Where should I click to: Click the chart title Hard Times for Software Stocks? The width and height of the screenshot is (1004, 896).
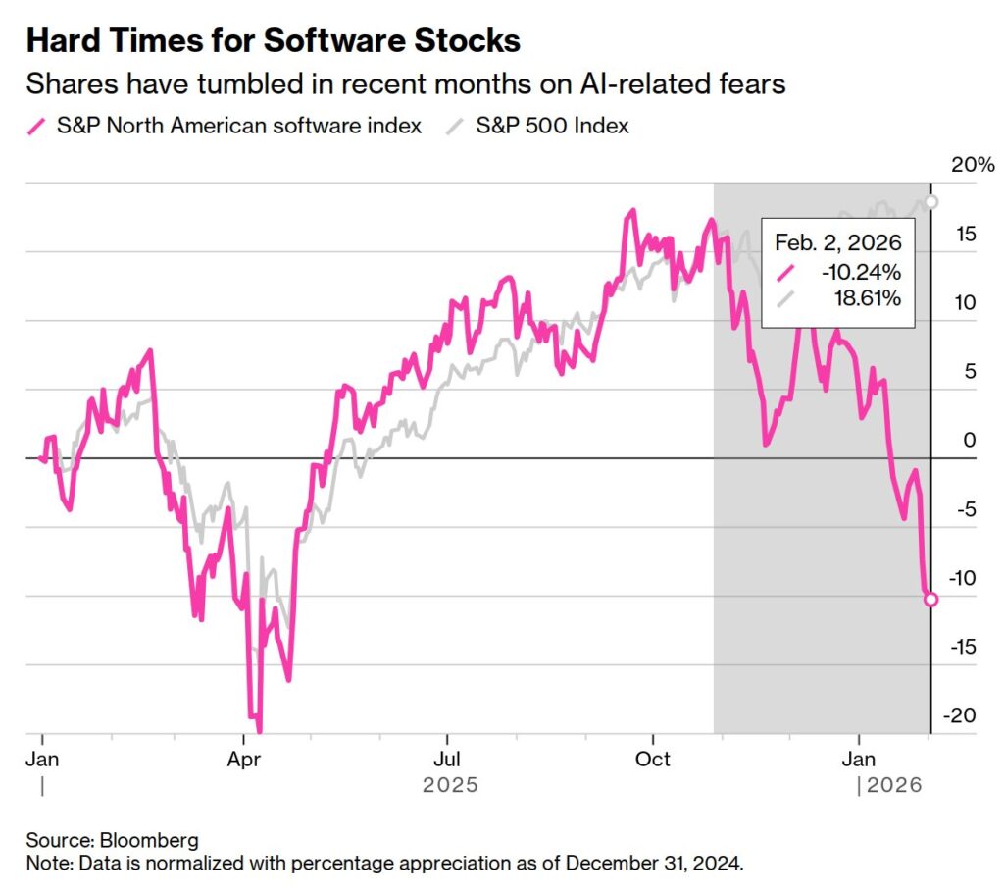click(273, 41)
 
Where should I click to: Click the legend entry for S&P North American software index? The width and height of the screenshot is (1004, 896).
click(238, 125)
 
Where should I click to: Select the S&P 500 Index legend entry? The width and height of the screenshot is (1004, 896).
click(552, 125)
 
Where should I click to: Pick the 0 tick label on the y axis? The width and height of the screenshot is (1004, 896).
click(970, 440)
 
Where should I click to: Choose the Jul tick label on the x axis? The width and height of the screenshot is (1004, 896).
click(447, 760)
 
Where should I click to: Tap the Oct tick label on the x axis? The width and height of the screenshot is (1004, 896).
click(653, 760)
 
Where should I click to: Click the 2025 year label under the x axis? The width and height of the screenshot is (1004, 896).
click(450, 785)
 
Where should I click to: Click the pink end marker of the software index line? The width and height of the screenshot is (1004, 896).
click(930, 600)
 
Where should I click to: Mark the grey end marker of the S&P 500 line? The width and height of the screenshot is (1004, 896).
click(931, 201)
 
